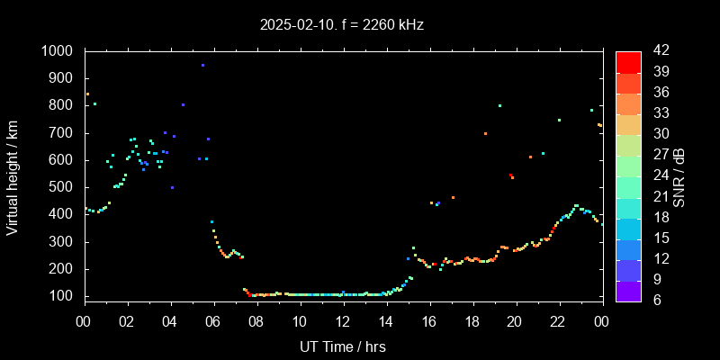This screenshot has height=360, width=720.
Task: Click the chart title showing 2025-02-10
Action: coord(340,25)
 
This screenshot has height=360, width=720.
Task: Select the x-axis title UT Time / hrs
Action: coord(342,346)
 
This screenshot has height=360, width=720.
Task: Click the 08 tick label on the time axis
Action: coord(256,321)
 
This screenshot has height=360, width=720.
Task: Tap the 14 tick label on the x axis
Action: coord(386,321)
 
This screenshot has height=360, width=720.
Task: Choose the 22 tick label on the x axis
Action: coord(558,321)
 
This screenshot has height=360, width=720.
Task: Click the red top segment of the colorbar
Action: coord(628,61)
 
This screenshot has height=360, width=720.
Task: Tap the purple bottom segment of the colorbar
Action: coord(628,290)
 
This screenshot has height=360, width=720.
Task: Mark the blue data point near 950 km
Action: coord(202,66)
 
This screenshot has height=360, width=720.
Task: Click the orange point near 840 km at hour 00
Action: coord(87,94)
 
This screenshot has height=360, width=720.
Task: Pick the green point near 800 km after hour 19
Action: coord(499,105)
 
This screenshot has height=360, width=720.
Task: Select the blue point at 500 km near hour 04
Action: coord(172,187)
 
